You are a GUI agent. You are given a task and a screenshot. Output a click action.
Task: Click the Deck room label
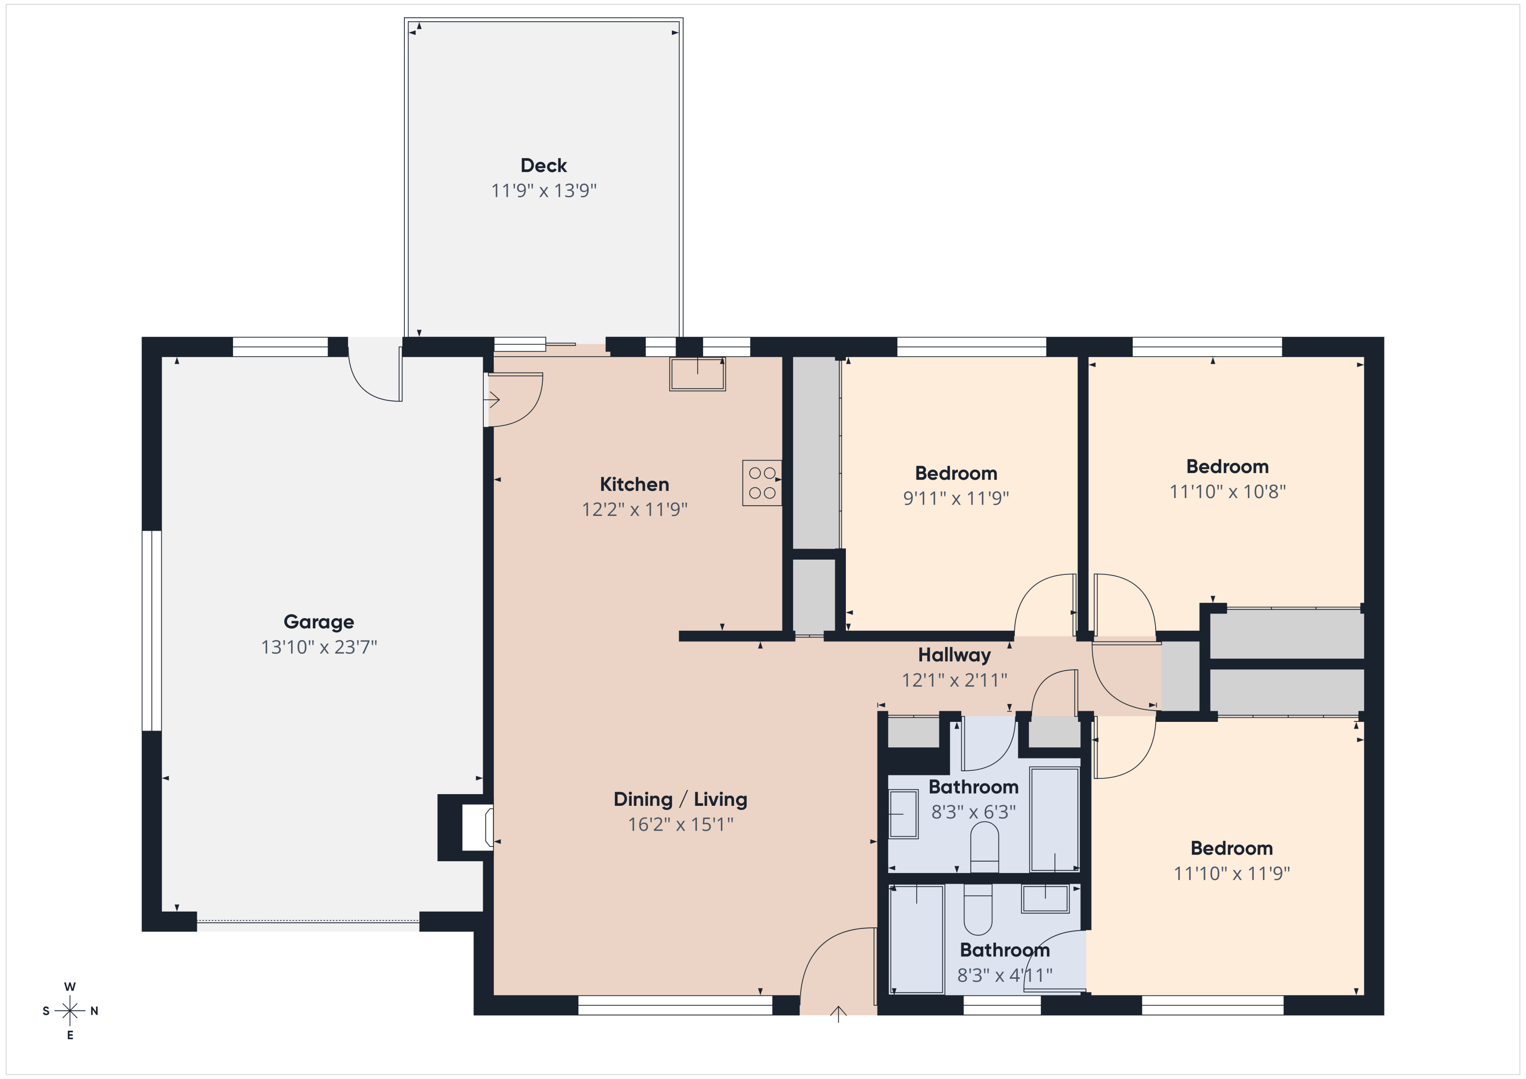(x=543, y=165)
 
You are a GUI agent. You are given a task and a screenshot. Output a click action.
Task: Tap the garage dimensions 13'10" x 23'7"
(x=318, y=647)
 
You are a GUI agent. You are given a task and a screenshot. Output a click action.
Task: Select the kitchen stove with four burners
(x=761, y=483)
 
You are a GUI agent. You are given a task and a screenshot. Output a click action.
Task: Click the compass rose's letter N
(x=95, y=1011)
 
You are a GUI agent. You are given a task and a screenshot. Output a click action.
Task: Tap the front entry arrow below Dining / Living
(x=838, y=1013)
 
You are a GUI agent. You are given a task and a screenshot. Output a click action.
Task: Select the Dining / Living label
(x=680, y=799)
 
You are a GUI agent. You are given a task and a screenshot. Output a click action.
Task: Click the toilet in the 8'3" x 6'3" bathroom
(x=984, y=848)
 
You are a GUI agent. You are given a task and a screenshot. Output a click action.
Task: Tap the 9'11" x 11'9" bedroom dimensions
(x=955, y=498)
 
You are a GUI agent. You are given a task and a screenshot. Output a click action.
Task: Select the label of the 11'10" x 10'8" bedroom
(x=1227, y=466)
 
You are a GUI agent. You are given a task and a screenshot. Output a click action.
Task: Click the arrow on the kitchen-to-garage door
(x=492, y=399)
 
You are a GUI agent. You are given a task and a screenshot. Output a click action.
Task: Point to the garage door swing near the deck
(x=374, y=375)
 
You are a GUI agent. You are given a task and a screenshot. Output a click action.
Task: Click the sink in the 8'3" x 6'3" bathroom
(x=903, y=814)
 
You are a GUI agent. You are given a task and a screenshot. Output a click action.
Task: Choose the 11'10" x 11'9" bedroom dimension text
(x=1231, y=873)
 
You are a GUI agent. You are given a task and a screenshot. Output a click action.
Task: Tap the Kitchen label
(x=634, y=484)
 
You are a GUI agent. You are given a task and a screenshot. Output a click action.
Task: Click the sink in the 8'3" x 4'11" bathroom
(x=1045, y=899)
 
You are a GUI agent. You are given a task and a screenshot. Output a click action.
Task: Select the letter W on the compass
(x=70, y=986)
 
